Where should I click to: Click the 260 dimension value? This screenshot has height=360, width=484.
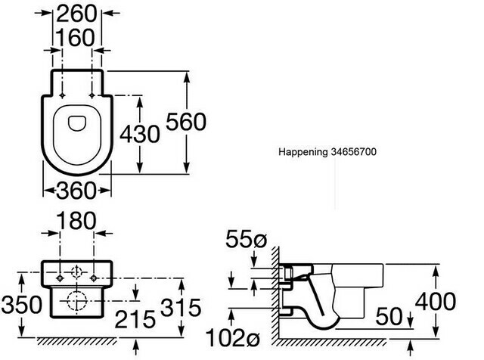tap(76, 14)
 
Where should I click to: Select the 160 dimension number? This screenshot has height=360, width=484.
tap(75, 38)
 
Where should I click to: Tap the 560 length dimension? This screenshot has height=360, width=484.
tap(186, 122)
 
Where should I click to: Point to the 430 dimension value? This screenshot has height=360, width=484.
tap(140, 134)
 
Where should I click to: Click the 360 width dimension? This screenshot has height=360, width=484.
tap(76, 191)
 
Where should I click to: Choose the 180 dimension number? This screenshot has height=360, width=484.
tap(76, 221)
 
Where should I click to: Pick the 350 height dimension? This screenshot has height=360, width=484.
tap(21, 305)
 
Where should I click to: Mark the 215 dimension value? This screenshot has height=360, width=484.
tap(135, 319)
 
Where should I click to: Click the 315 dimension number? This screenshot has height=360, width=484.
tap(181, 308)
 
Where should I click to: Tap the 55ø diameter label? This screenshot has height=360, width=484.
tap(246, 239)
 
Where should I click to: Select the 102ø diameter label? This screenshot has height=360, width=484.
tap(233, 337)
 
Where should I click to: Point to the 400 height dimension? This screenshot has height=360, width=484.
tap(436, 301)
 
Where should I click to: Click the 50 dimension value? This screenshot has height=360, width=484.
tap(389, 316)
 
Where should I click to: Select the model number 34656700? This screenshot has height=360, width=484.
tap(353, 151)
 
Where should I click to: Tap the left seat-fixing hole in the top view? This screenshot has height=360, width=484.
tap(62, 95)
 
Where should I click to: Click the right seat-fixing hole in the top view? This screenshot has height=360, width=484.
tap(92, 95)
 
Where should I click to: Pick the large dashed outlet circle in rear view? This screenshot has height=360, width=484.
tap(76, 301)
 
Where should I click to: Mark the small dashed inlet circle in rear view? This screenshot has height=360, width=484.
tap(76, 272)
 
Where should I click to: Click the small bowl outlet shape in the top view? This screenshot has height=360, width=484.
tap(77, 123)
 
